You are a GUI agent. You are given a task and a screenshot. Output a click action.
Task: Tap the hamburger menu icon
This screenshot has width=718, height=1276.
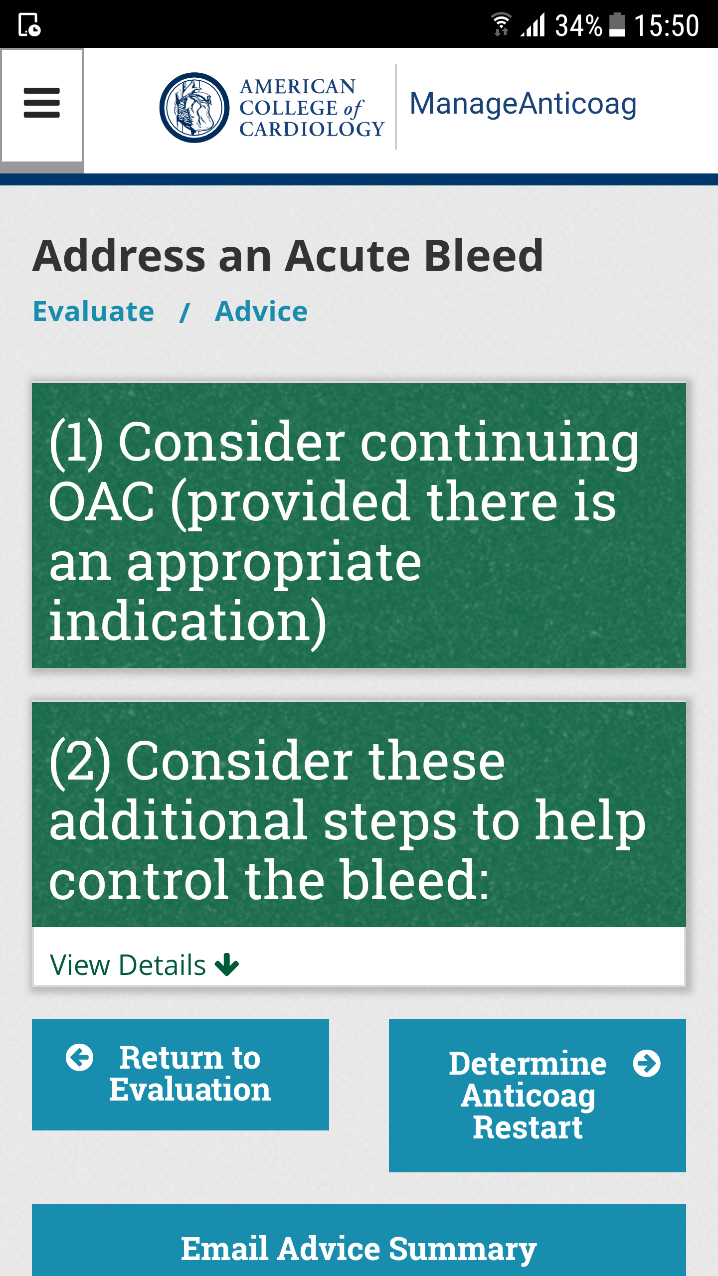click(42, 103)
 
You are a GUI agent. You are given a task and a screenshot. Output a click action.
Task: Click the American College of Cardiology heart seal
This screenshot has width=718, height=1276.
click(194, 108)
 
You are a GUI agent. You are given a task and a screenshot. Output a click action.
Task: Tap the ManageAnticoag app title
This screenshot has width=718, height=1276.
click(523, 104)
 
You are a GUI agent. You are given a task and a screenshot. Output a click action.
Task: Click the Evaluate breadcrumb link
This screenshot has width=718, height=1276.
click(94, 312)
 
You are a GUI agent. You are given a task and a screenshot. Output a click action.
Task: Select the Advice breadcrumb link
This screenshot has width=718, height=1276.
click(261, 312)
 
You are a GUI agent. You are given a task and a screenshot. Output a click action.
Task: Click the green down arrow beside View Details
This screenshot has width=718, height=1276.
click(227, 965)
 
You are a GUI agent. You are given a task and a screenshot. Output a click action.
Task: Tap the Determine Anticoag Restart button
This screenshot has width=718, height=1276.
click(538, 1096)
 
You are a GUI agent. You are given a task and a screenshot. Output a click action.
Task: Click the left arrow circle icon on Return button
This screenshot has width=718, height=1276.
click(80, 1057)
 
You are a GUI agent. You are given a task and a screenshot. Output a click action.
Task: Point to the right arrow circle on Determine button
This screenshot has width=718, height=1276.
click(647, 1063)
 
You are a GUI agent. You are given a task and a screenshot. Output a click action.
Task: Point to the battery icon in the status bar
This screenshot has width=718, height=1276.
click(617, 25)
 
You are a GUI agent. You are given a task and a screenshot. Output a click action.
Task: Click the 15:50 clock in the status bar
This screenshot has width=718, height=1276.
click(667, 25)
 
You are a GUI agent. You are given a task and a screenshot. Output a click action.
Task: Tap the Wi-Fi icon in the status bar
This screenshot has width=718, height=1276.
click(501, 24)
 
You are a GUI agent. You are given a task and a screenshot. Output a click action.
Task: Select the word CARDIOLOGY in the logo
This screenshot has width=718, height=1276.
click(312, 129)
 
